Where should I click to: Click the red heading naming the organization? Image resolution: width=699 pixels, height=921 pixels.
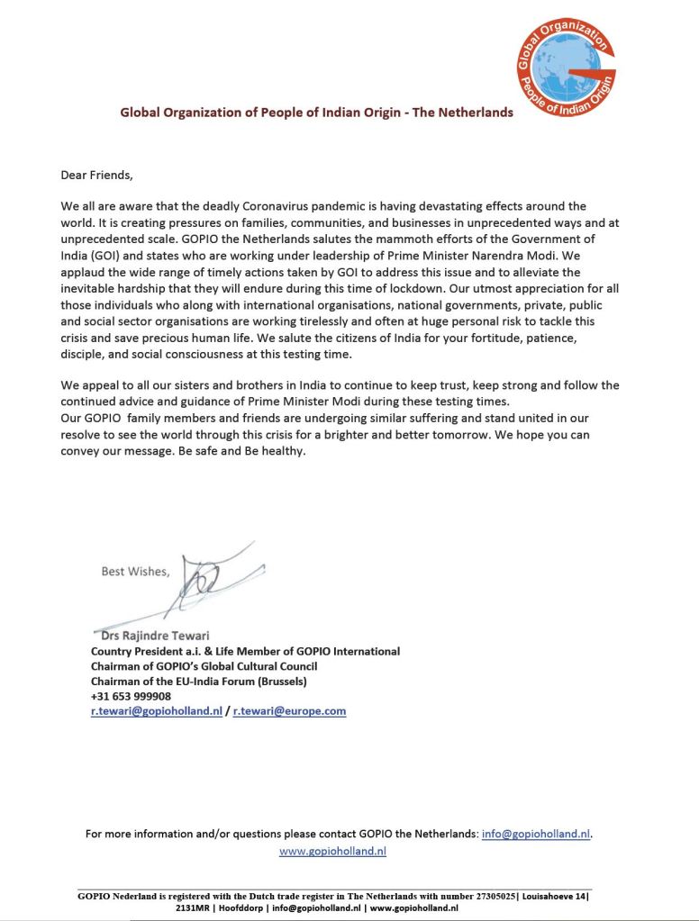point(317,113)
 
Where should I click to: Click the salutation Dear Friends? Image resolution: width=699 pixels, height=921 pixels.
point(96,175)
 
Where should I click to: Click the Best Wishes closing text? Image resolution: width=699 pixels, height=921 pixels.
point(134,572)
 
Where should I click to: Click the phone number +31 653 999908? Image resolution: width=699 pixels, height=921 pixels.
point(131,696)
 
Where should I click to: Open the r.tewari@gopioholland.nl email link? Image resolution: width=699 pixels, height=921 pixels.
point(156,711)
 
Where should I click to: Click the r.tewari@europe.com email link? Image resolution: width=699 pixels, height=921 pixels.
point(289,711)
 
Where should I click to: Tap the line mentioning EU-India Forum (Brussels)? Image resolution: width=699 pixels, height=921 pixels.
point(199,682)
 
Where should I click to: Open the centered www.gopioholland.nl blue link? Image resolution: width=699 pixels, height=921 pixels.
point(332,850)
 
